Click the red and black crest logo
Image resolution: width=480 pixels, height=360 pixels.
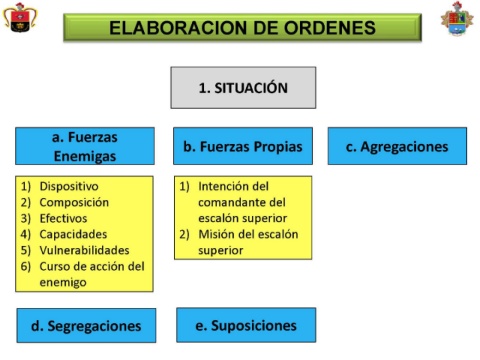[x=20, y=17]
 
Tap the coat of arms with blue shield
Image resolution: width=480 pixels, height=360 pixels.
[x=457, y=19]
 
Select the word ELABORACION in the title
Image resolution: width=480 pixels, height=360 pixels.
[x=179, y=28]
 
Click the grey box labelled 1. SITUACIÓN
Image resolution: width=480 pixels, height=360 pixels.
[x=243, y=88]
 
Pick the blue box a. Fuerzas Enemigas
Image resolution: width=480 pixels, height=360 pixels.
[x=85, y=146]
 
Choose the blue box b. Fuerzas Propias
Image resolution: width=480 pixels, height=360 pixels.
[x=243, y=146]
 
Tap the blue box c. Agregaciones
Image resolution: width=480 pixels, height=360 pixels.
[x=397, y=146]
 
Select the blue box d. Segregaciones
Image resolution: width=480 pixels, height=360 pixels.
[x=86, y=326]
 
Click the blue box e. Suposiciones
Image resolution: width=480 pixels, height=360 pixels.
[x=246, y=325]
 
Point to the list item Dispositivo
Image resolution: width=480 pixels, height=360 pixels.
[x=69, y=186]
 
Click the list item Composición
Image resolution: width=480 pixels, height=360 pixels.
[x=74, y=202]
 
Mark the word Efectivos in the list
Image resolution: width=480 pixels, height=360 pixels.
[x=63, y=218]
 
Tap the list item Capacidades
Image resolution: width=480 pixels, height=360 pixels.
[x=73, y=234]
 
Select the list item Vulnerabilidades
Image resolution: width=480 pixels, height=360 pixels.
[x=84, y=250]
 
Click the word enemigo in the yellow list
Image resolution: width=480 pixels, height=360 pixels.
[x=63, y=283]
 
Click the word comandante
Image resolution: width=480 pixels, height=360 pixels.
[x=228, y=202]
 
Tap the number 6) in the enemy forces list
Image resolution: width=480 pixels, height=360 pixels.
[x=26, y=267]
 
